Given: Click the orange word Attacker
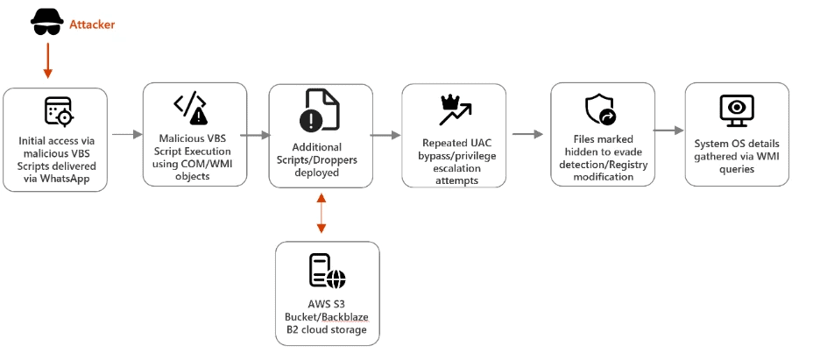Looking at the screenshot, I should pos(92,25).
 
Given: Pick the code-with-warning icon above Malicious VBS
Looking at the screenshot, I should pos(190,107).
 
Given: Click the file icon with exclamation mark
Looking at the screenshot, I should pos(320,110).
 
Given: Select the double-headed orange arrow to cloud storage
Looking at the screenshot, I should pos(321,214).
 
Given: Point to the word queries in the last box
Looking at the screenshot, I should pos(737,169).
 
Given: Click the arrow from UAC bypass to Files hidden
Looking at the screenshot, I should pos(527,135).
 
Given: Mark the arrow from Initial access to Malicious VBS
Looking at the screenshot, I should pos(126,135).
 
